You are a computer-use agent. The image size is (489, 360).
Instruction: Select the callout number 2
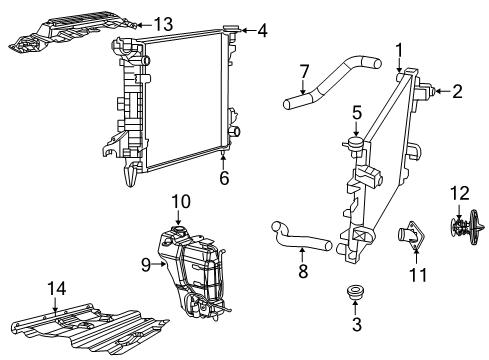click(457, 93)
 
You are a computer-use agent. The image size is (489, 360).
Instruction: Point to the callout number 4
click(262, 31)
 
